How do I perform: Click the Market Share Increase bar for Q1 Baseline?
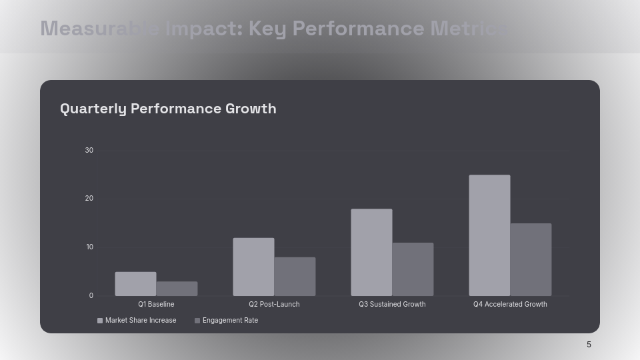tap(135, 284)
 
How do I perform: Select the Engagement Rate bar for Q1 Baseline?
tap(177, 289)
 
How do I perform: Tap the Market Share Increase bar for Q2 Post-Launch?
tap(253, 267)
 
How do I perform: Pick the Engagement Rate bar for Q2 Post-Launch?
tap(295, 277)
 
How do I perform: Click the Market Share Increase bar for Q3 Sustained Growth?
tap(371, 253)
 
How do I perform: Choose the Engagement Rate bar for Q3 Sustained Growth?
tap(413, 269)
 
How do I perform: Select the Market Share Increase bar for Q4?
tap(489, 235)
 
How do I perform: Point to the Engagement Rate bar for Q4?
tap(531, 259)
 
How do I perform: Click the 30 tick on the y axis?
tap(89, 150)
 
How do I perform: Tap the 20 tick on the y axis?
tap(89, 199)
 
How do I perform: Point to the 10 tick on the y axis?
tap(89, 247)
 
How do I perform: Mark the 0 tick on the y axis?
tap(91, 296)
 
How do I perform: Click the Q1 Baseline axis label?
tap(156, 305)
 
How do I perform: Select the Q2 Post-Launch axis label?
tap(274, 305)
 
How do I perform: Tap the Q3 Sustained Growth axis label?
tap(392, 305)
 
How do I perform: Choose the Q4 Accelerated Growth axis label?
tap(510, 305)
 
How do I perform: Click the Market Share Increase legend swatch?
tap(100, 321)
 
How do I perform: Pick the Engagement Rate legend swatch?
tap(197, 321)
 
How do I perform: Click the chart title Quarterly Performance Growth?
tap(168, 109)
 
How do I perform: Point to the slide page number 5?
tap(589, 345)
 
